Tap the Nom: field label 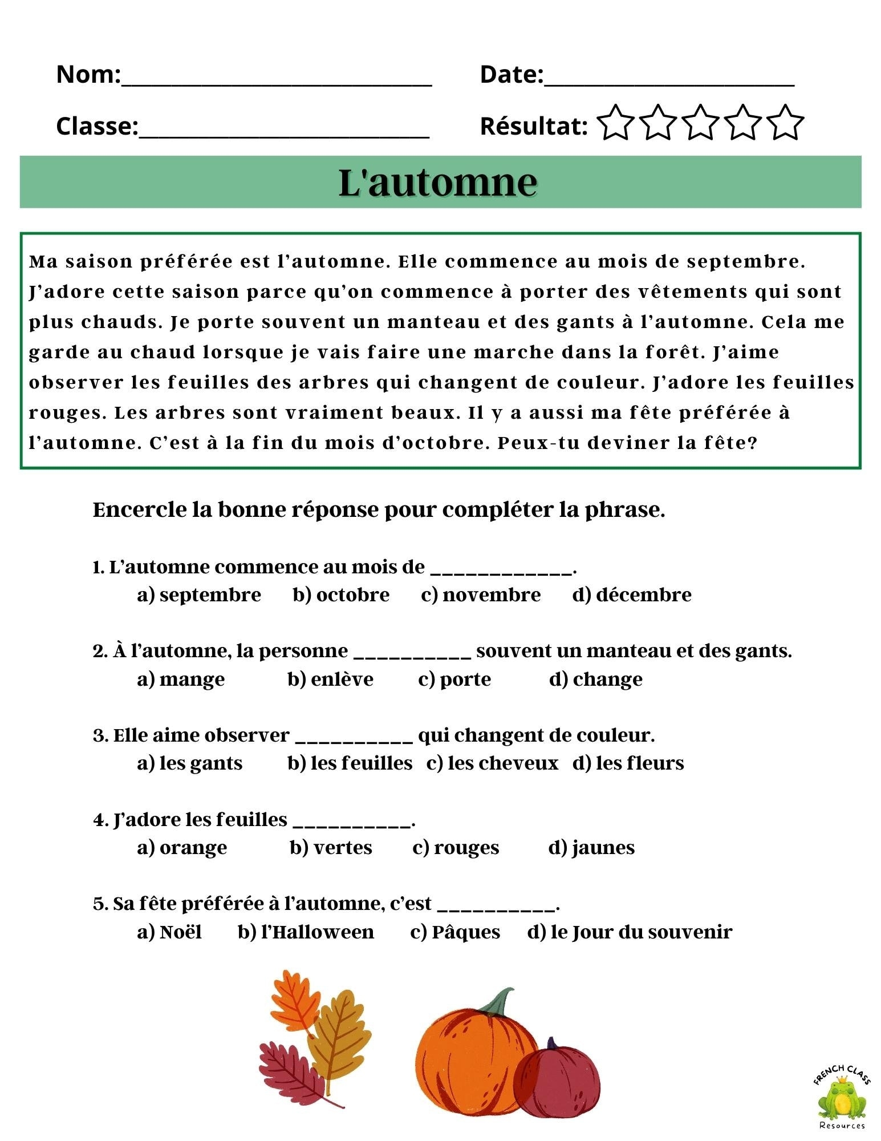(88, 74)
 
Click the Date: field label (511, 74)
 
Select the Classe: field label (97, 126)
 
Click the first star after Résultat (615, 123)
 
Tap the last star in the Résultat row (785, 123)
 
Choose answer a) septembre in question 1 (199, 594)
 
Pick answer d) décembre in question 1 (632, 594)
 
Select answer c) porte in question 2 (454, 679)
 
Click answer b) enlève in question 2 (331, 679)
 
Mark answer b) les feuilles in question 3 (350, 763)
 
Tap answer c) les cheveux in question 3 (492, 763)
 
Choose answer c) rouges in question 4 (456, 847)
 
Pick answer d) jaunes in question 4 (591, 847)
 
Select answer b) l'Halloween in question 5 (306, 932)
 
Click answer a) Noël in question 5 (169, 932)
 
